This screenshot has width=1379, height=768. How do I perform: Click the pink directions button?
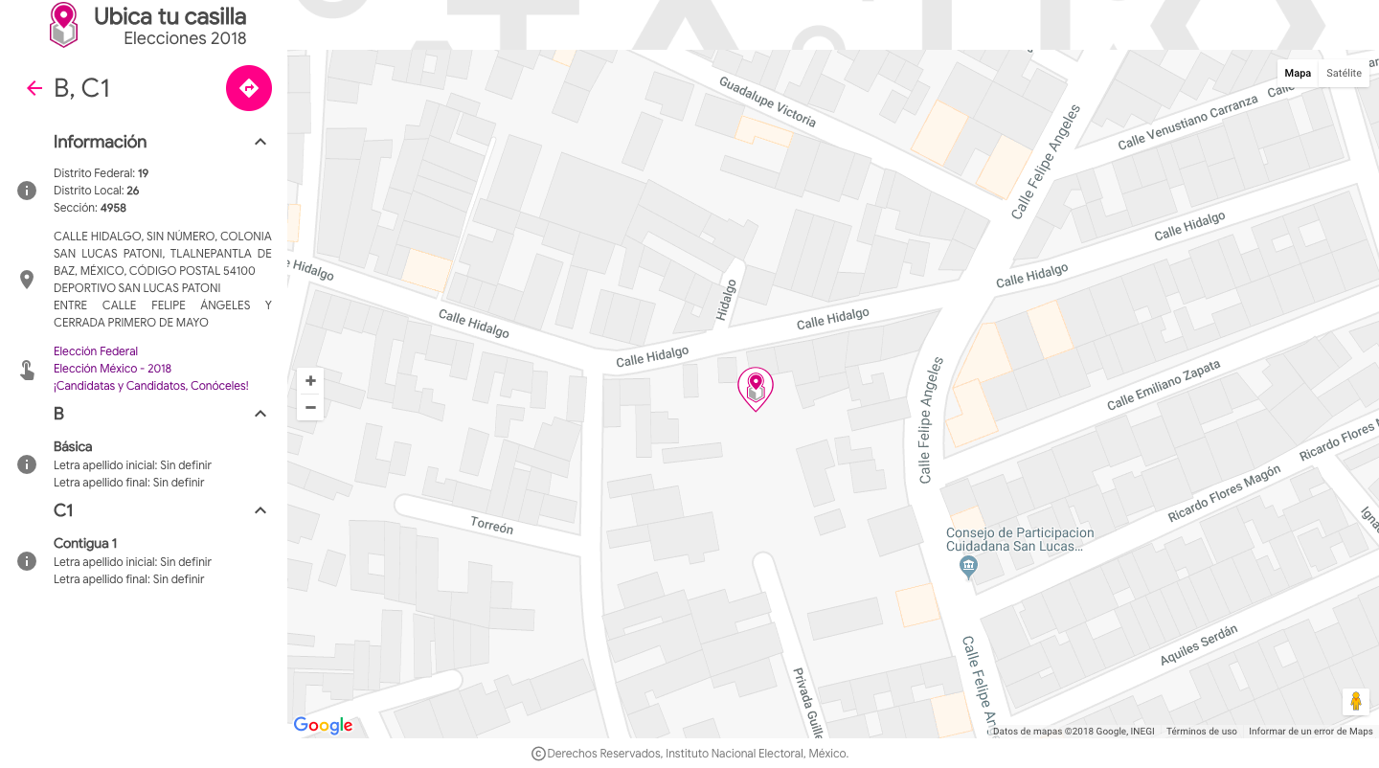pyautogui.click(x=249, y=88)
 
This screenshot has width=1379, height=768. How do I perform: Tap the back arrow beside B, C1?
pyautogui.click(x=34, y=88)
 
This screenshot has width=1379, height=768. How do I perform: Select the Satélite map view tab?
pyautogui.click(x=1344, y=73)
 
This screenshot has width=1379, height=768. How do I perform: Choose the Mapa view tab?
pyautogui.click(x=1298, y=73)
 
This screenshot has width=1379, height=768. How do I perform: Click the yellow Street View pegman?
pyautogui.click(x=1355, y=702)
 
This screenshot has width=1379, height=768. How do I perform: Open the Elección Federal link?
pyautogui.click(x=96, y=351)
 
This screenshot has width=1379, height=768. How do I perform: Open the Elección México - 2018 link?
pyautogui.click(x=112, y=369)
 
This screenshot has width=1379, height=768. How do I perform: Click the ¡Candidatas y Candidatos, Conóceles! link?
pyautogui.click(x=151, y=386)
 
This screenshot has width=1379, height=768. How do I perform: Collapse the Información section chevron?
pyautogui.click(x=260, y=142)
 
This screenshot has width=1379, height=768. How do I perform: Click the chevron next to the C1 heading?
pyautogui.click(x=260, y=510)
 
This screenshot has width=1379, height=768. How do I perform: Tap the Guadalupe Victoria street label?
pyautogui.click(x=768, y=102)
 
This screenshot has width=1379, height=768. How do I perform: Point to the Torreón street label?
pyautogui.click(x=491, y=526)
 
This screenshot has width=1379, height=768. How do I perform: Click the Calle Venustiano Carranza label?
pyautogui.click(x=1187, y=123)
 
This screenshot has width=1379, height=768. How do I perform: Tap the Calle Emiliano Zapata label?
pyautogui.click(x=1164, y=385)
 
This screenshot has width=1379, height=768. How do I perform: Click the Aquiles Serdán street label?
pyautogui.click(x=1199, y=644)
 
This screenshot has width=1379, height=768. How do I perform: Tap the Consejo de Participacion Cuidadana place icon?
pyautogui.click(x=968, y=566)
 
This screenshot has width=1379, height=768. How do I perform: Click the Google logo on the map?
pyautogui.click(x=323, y=725)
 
